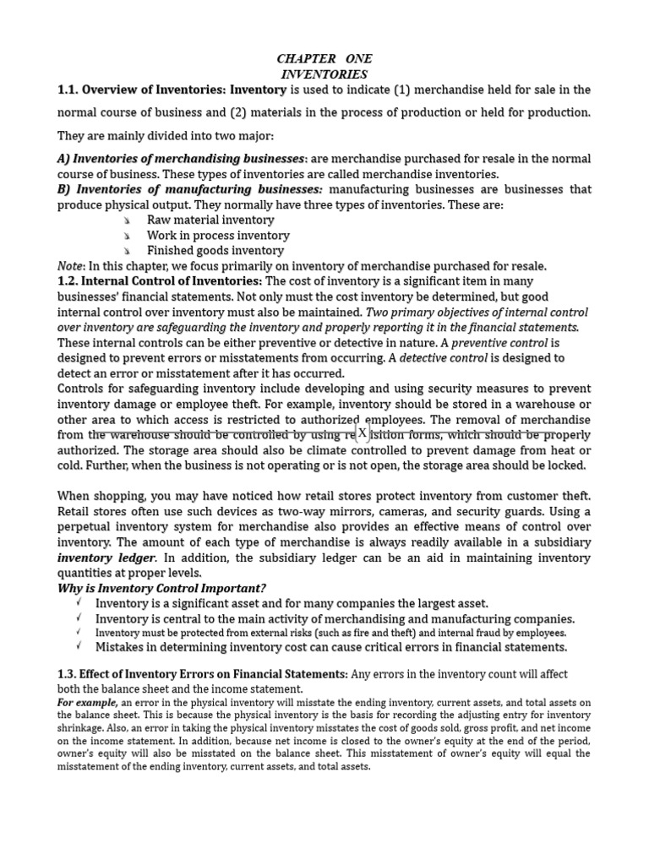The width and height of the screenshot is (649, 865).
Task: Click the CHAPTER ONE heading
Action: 324,58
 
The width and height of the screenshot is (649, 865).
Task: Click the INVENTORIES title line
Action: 324,74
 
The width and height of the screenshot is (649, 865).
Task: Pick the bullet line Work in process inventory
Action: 218,236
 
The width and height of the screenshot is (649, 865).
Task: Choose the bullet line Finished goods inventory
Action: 215,250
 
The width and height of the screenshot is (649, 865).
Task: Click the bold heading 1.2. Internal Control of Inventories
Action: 160,280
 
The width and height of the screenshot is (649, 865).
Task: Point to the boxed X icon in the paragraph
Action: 362,433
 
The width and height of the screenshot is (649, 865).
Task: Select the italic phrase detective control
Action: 444,357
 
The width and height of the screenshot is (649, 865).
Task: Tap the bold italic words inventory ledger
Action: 106,558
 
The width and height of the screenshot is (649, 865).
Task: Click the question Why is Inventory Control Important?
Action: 173,588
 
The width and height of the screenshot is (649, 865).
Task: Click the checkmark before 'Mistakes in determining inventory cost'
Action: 79,647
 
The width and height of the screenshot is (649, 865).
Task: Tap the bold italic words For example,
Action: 88,703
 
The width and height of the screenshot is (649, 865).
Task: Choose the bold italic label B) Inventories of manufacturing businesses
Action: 190,188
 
